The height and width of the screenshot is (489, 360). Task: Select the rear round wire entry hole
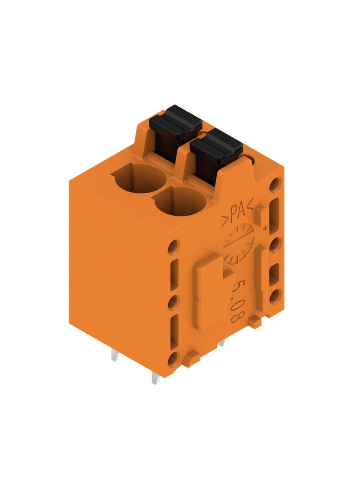point(140,179)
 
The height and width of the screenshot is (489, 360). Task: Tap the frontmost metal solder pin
point(155,378)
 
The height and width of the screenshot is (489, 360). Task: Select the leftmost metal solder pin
point(115,356)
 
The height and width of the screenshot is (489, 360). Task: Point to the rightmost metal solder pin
point(222,343)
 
